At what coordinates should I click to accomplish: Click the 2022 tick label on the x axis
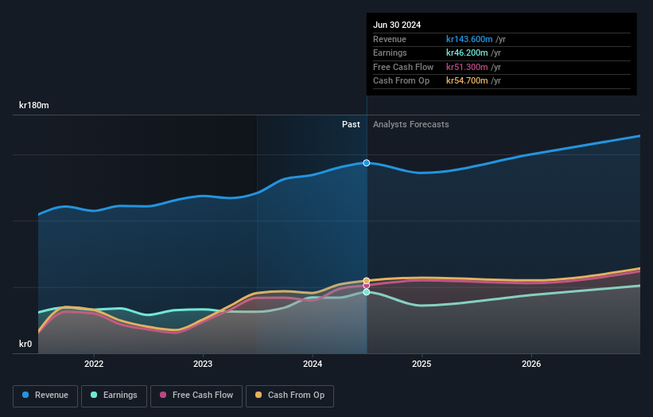(94, 364)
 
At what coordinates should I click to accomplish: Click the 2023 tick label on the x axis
(203, 364)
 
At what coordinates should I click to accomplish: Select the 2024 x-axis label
(313, 364)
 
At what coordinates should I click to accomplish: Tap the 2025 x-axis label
(422, 364)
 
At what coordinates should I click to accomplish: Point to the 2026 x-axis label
(531, 364)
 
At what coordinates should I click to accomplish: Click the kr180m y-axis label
(34, 105)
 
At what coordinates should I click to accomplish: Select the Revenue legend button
(45, 396)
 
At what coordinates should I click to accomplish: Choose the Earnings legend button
(114, 396)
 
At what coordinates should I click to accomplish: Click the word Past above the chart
(351, 124)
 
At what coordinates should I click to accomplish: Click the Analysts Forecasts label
(410, 124)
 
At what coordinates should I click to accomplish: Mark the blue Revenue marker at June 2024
(367, 162)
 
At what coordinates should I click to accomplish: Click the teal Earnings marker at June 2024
(367, 292)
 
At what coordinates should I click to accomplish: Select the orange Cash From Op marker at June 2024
(367, 281)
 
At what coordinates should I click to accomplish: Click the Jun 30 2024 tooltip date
(397, 25)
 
